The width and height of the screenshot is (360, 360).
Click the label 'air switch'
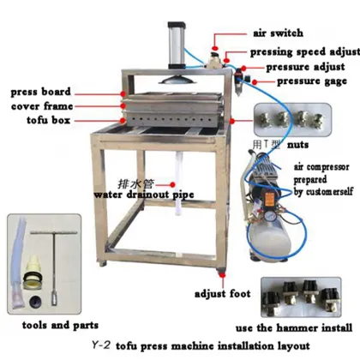(x=278, y=33)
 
